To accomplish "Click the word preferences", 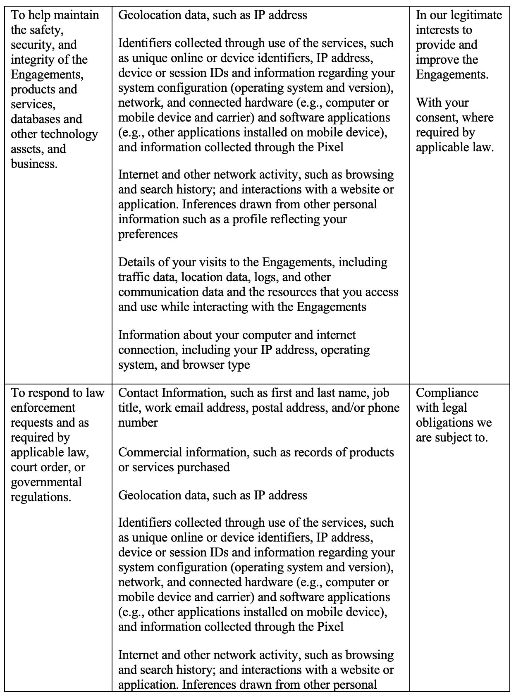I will (148, 234).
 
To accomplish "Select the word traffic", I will (134, 277).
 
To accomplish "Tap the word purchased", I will (203, 467).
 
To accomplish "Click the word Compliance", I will (447, 393).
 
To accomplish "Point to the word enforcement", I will (43, 408).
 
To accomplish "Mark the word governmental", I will (46, 482).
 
